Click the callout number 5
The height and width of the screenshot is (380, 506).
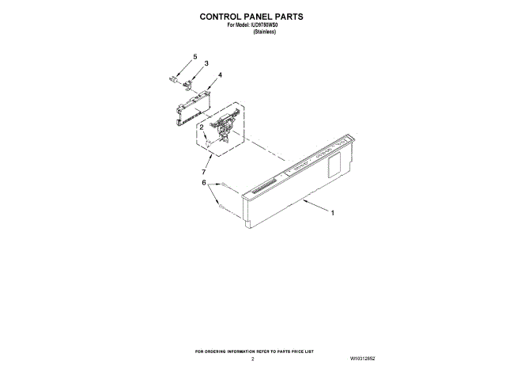[194, 57]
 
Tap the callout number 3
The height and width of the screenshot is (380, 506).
[206, 63]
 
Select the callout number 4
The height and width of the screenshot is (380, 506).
[220, 75]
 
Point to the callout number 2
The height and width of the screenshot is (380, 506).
[202, 127]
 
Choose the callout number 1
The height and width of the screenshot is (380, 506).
[333, 212]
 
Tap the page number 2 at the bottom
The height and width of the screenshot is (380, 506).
[253, 359]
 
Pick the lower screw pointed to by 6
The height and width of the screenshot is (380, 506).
[222, 208]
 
